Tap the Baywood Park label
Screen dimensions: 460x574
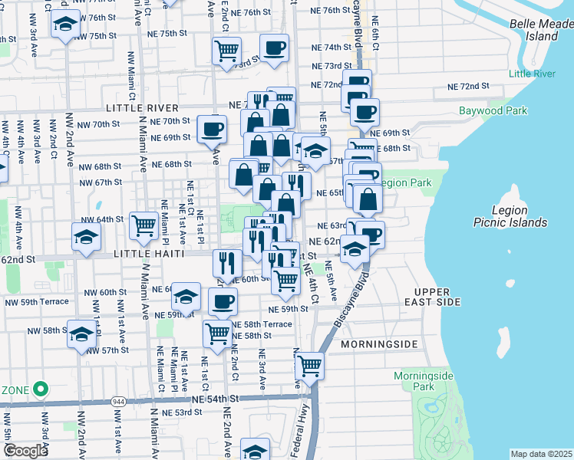tap(493, 110)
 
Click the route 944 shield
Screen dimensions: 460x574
tap(118, 400)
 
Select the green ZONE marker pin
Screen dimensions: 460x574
tap(40, 389)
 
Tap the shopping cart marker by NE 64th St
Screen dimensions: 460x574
tap(143, 225)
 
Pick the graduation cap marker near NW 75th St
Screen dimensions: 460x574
tap(66, 25)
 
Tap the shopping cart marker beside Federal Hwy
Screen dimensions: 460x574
tap(309, 366)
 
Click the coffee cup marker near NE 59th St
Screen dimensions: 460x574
tap(223, 301)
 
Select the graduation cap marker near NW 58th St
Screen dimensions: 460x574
tap(82, 333)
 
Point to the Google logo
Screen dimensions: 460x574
tap(25, 451)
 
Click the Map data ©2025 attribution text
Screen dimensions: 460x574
tap(541, 454)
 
